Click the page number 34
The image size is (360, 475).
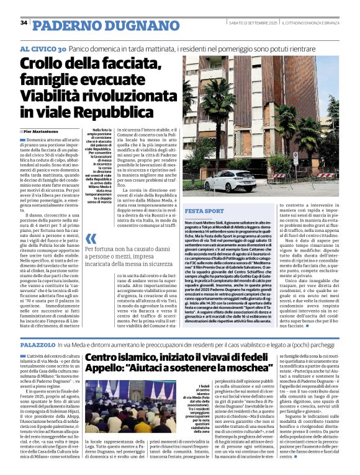point(24,23)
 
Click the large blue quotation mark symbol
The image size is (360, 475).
point(91,239)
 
